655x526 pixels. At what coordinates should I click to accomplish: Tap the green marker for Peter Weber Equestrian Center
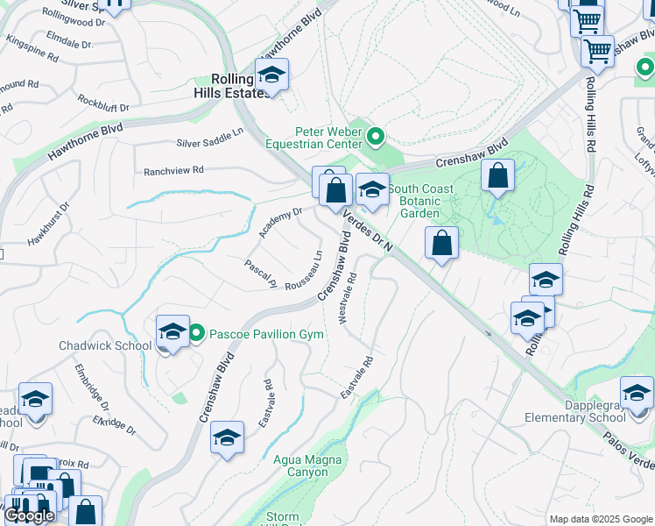click(376, 136)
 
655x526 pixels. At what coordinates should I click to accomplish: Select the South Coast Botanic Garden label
click(421, 201)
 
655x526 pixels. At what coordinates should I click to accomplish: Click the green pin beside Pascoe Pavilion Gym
click(197, 333)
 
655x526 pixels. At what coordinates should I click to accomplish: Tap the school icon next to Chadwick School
click(173, 332)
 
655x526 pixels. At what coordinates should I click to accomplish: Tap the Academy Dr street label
click(280, 222)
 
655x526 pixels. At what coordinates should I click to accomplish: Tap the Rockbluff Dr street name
click(103, 105)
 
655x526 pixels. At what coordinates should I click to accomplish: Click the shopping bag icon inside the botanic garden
click(497, 176)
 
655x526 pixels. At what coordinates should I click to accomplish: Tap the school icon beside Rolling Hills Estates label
click(271, 75)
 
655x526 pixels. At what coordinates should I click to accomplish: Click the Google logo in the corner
click(29, 516)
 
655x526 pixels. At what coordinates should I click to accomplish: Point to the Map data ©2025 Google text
click(600, 518)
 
